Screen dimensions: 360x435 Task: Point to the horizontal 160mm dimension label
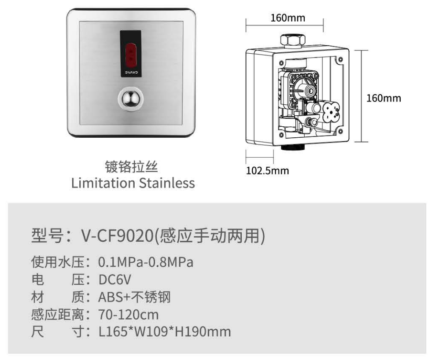coord(288,18)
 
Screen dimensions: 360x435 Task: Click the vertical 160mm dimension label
coord(384,98)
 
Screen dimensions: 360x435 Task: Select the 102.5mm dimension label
coord(267,170)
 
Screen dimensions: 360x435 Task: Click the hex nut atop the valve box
coord(292,40)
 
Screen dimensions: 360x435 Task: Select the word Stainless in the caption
coord(167,182)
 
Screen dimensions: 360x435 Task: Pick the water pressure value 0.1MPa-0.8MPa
coord(146,262)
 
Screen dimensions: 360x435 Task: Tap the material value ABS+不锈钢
coord(134,297)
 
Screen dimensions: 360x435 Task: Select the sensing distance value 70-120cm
coord(128,315)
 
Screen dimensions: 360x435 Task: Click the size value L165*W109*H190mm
coord(164,331)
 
